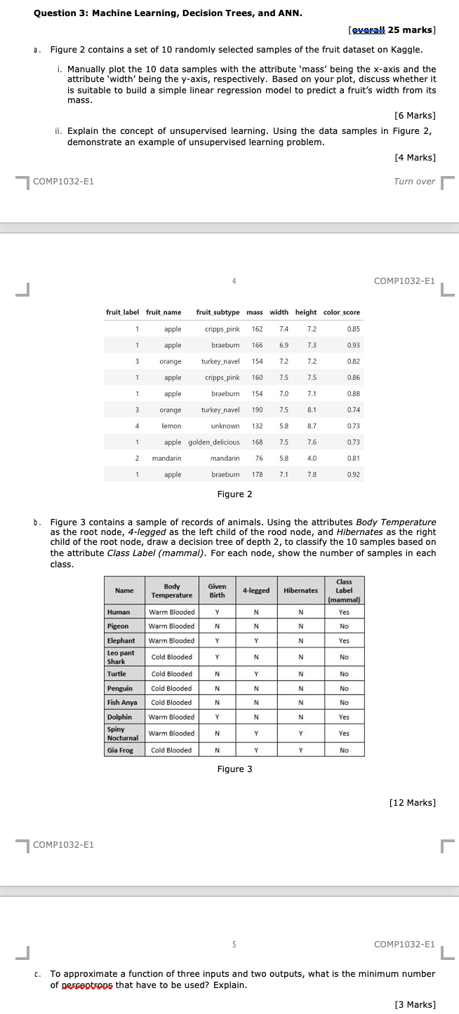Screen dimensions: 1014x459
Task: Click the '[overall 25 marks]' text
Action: [392, 30]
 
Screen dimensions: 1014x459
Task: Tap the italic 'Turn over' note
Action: [414, 182]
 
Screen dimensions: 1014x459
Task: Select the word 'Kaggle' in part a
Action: [408, 50]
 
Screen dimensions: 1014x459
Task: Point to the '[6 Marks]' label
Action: [415, 115]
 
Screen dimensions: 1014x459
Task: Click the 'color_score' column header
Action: [341, 312]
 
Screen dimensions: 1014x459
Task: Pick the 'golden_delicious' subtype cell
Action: [213, 442]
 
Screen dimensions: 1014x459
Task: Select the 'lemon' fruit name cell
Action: [171, 426]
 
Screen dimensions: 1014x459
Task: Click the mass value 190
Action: [256, 410]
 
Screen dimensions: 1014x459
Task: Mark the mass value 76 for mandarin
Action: [258, 459]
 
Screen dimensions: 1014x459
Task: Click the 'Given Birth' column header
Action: [217, 590]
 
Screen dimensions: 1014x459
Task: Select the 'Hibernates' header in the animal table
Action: [300, 590]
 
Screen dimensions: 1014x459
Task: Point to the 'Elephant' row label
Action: [121, 640]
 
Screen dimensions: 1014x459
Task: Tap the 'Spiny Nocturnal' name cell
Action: [121, 734]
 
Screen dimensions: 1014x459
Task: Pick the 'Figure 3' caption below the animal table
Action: [234, 769]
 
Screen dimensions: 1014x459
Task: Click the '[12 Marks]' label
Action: [412, 802]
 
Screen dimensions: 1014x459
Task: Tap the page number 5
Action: [234, 944]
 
